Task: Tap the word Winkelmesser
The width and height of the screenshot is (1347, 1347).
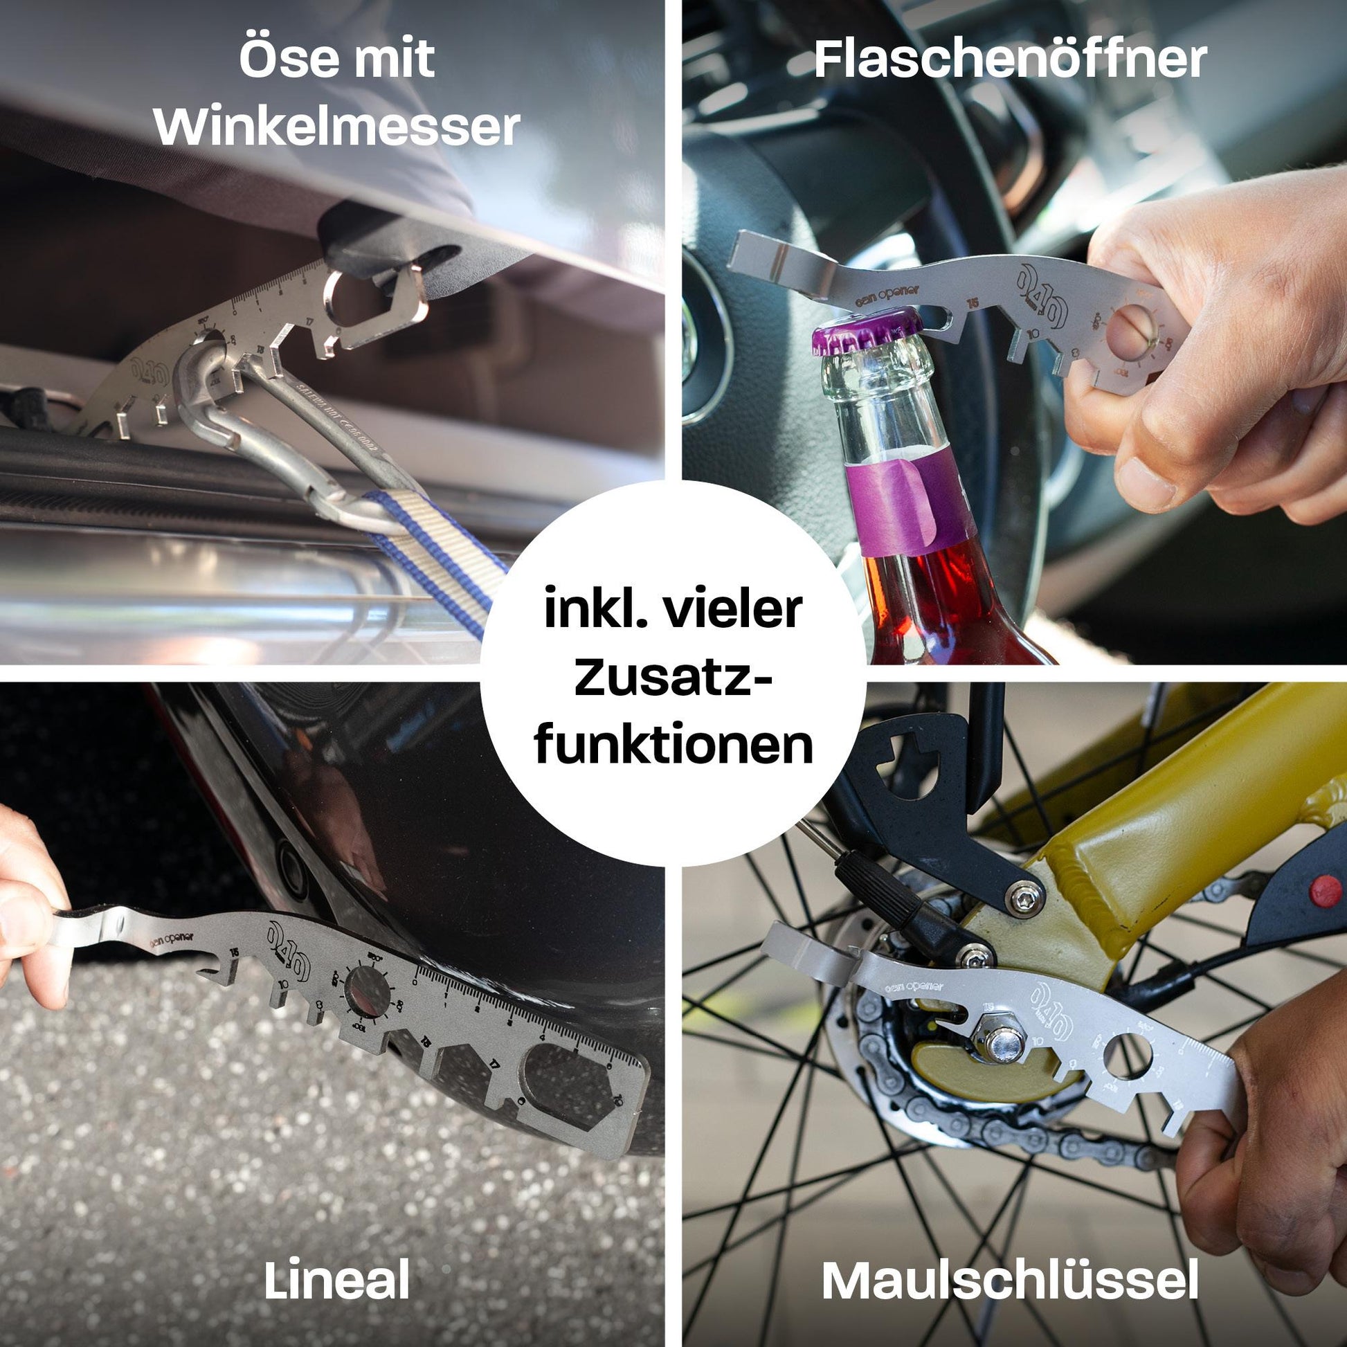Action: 336,127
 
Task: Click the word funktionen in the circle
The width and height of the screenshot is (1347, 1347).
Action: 673,745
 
